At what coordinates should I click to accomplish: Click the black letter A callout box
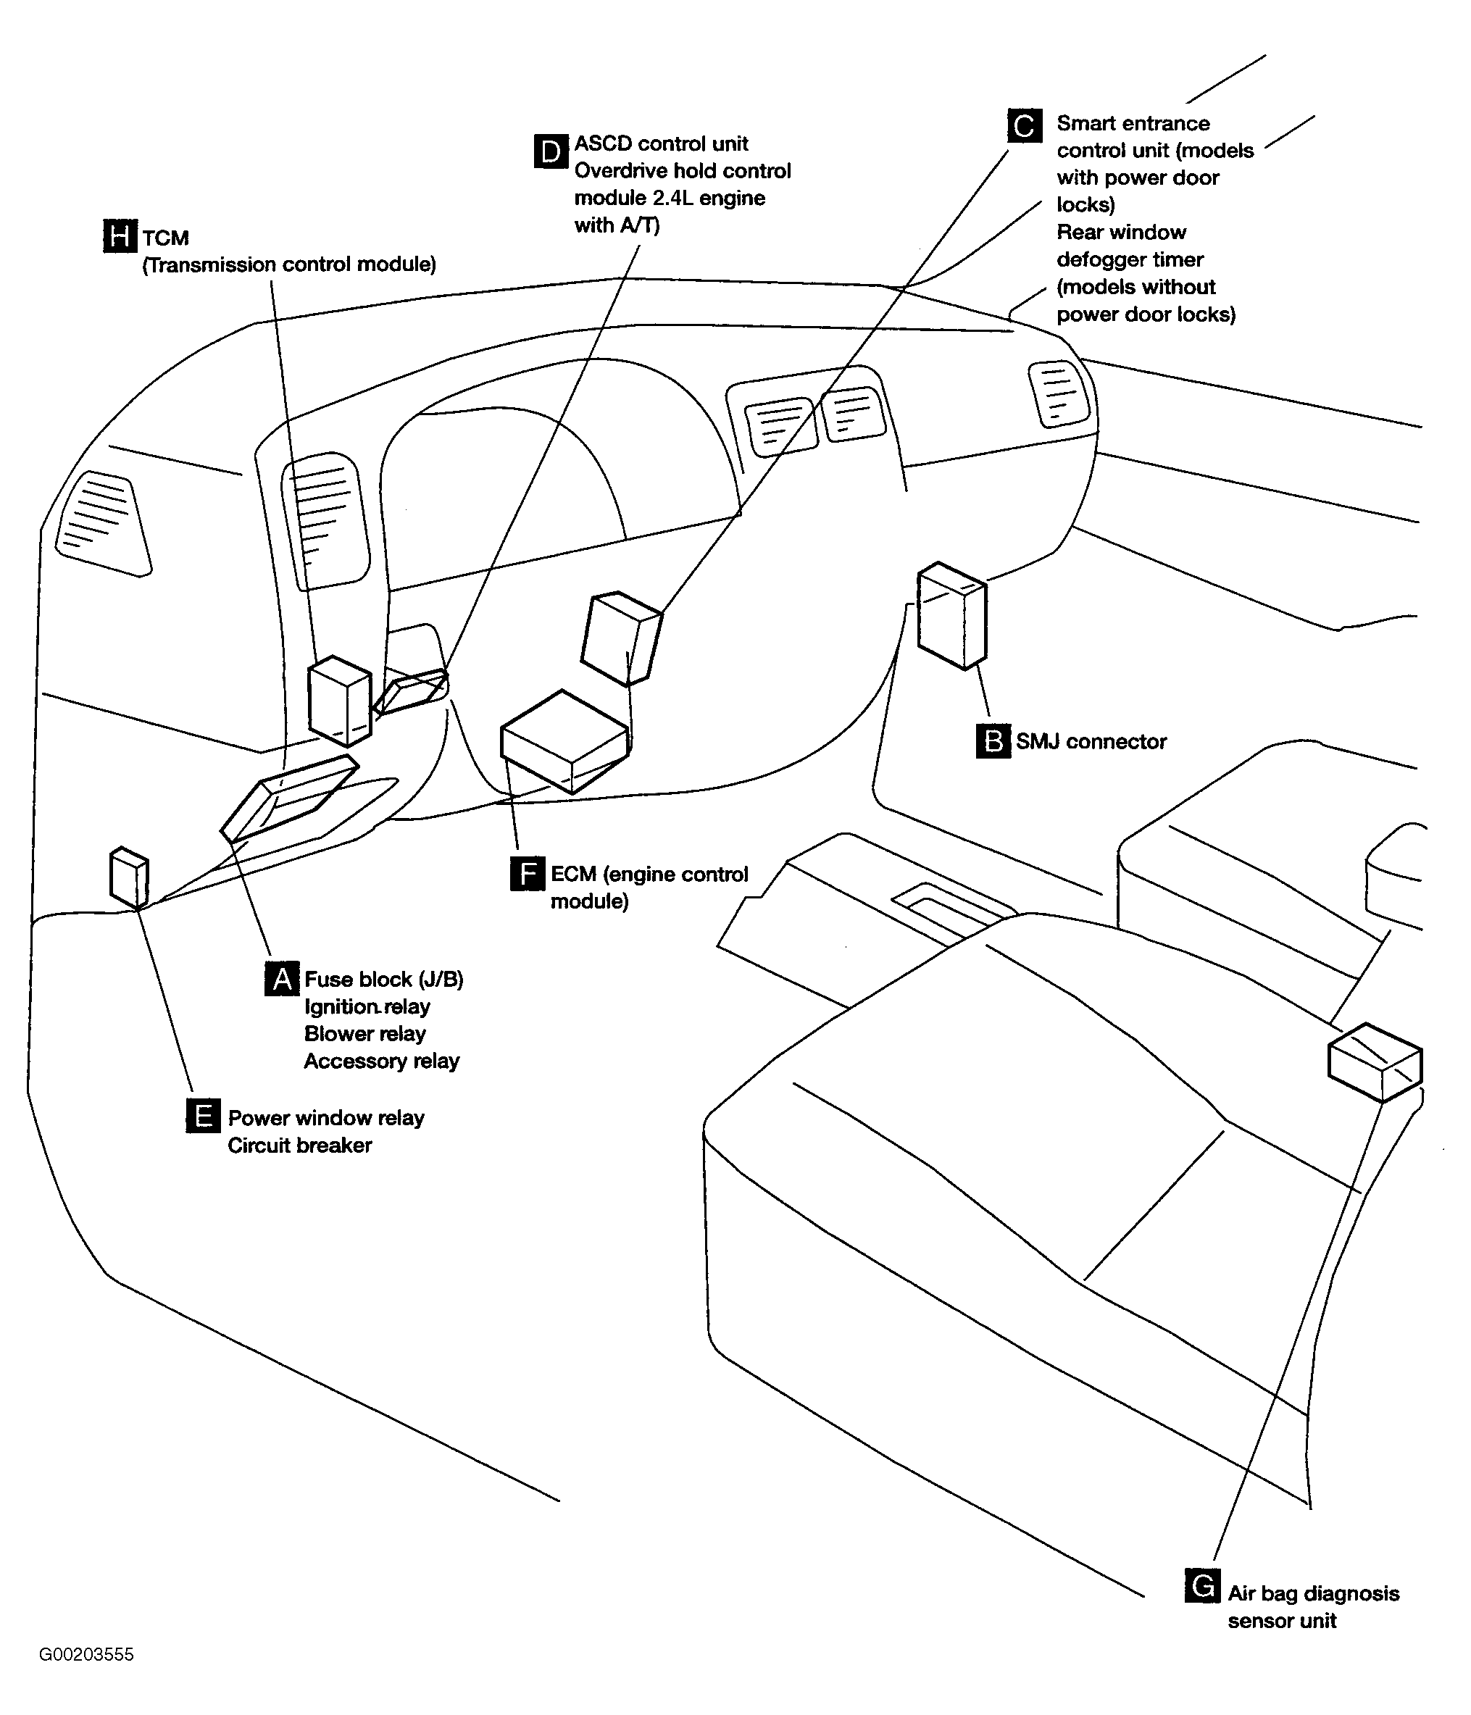(281, 978)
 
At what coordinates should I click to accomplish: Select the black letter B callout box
(993, 740)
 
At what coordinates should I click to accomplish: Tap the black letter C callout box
(1024, 126)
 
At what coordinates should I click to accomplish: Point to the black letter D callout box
(551, 151)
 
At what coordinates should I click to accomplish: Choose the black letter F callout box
(528, 874)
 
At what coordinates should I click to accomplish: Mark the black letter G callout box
(1202, 1586)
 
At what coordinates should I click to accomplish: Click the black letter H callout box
(120, 236)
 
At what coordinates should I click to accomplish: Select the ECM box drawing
(564, 740)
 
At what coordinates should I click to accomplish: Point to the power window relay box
(129, 877)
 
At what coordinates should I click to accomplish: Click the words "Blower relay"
(364, 1034)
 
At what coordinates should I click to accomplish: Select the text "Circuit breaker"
(300, 1145)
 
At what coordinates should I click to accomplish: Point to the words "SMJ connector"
(1091, 742)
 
